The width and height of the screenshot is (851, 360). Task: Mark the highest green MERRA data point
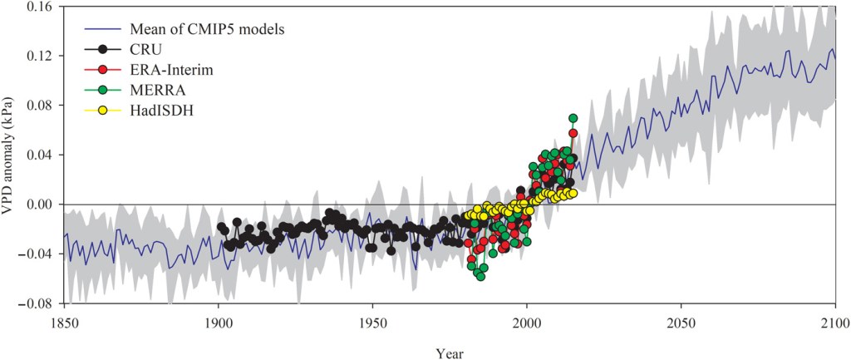click(573, 118)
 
